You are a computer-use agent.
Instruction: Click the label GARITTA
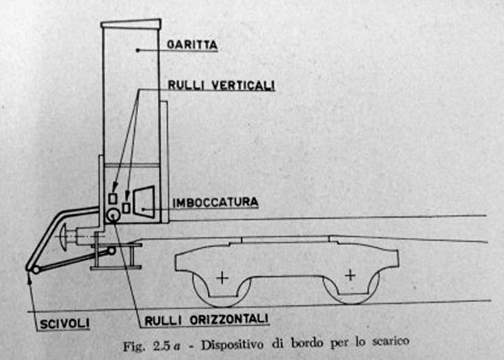tap(192, 44)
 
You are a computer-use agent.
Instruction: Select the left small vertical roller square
tap(112, 199)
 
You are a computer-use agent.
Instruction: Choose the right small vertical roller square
tap(126, 207)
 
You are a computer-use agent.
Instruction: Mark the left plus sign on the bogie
tap(221, 278)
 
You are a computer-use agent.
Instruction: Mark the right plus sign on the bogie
tap(350, 275)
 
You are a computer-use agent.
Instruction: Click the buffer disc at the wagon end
tap(64, 235)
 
